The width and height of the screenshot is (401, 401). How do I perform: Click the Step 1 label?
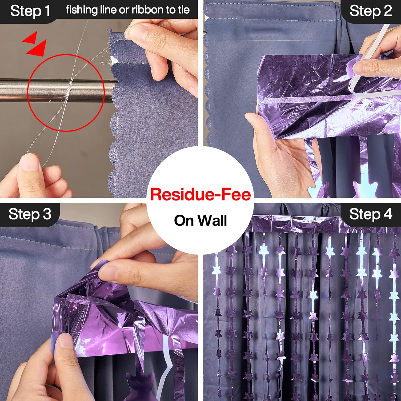30,11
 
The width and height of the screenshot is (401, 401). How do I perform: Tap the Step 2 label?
371,11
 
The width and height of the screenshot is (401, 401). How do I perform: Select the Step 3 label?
30,214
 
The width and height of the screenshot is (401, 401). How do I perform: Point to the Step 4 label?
371,214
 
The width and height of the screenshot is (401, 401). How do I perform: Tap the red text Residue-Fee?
200,194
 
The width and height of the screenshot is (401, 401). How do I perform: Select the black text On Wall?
200,221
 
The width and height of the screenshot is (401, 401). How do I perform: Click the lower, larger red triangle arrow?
37,48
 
